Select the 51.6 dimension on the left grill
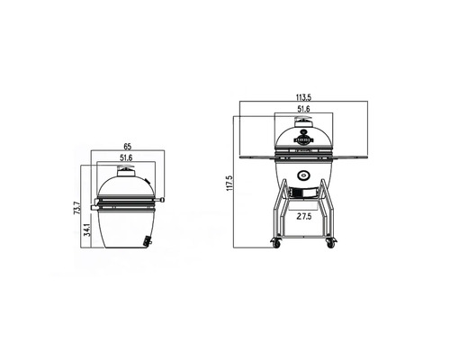pyautogui.click(x=126, y=159)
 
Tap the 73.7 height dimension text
pyautogui.click(x=76, y=211)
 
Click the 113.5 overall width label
pyautogui.click(x=304, y=99)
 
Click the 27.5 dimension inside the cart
pyautogui.click(x=304, y=217)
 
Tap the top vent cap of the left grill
pyautogui.click(x=125, y=172)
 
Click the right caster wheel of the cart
pyautogui.click(x=330, y=242)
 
